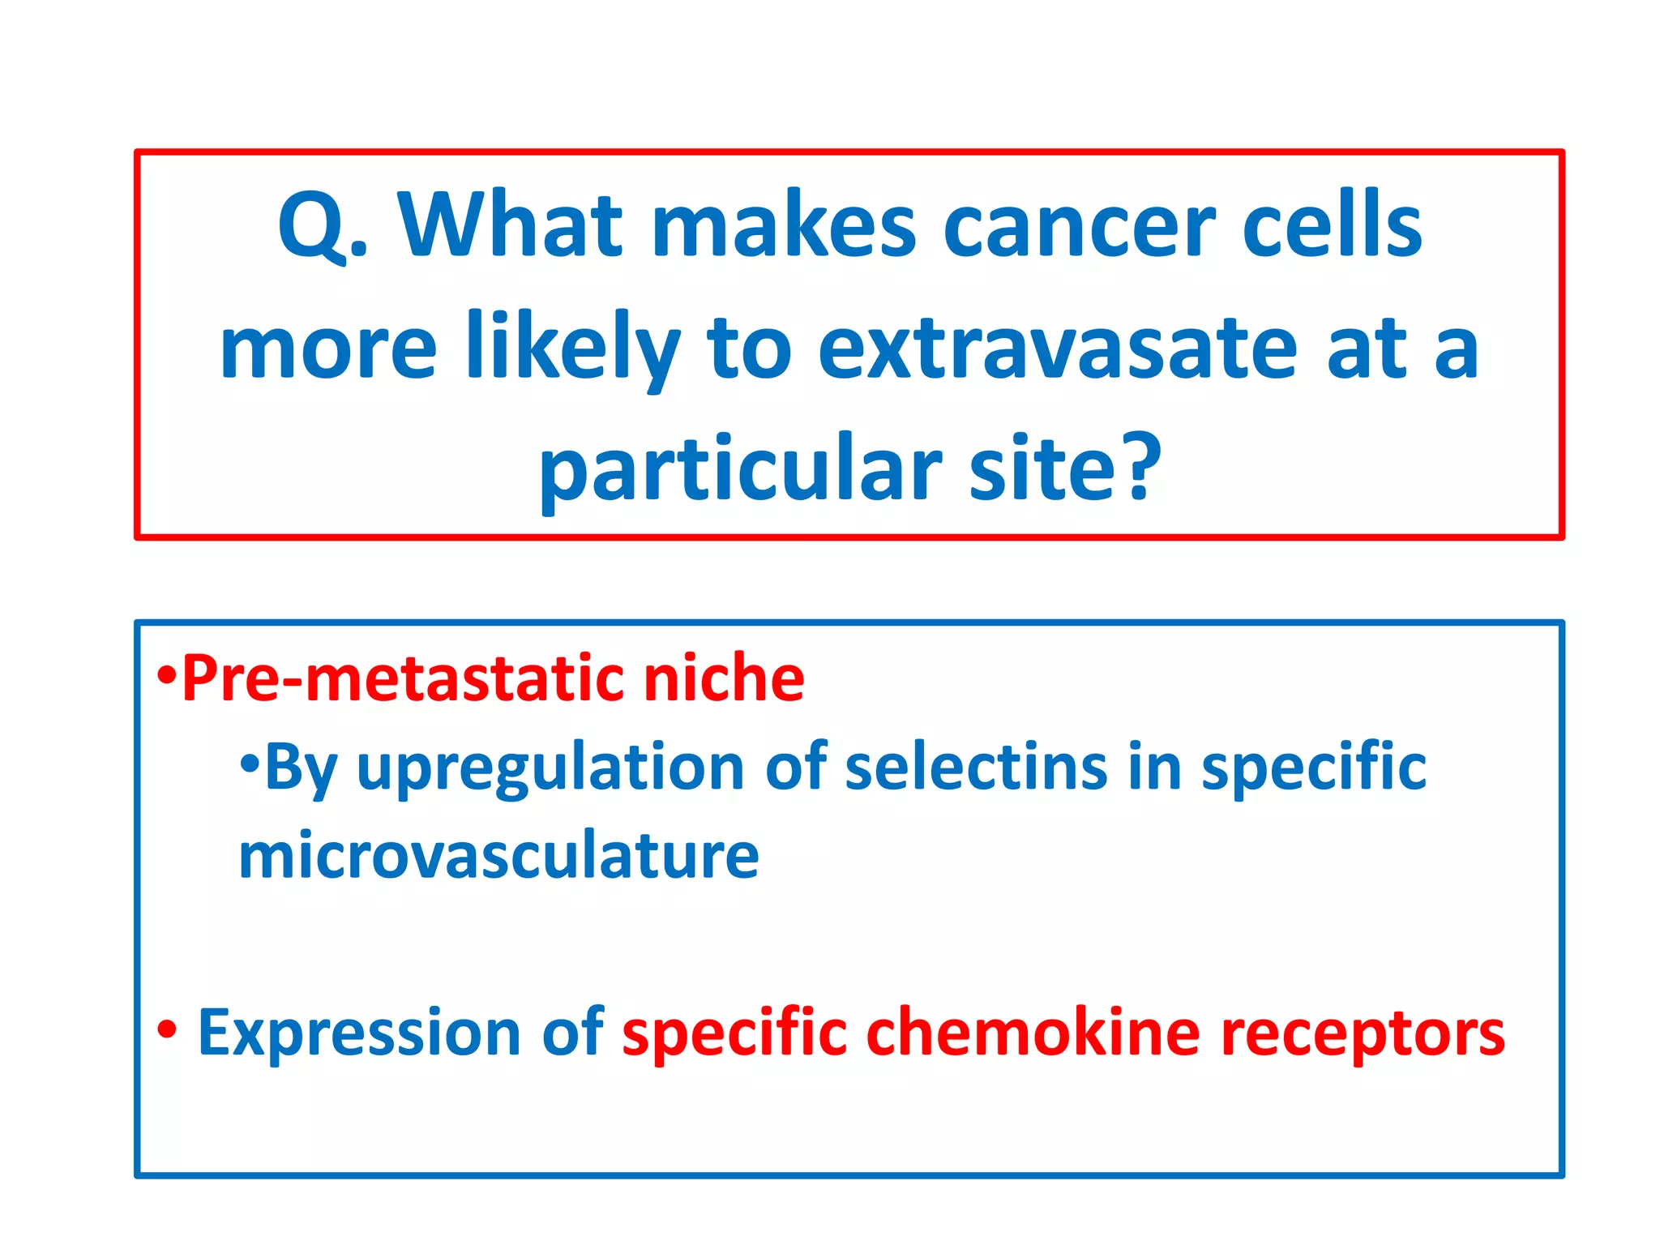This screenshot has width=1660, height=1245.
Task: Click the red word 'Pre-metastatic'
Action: tap(403, 678)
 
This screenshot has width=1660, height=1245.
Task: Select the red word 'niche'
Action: tap(723, 678)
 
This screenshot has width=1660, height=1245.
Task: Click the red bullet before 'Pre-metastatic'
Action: tap(167, 674)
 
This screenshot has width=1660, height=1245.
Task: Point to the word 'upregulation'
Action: tap(550, 768)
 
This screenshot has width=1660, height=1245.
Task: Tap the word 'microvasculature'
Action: tap(498, 856)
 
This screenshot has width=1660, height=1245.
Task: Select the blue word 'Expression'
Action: tap(359, 1033)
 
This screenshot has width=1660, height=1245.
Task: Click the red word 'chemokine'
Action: tap(1032, 1033)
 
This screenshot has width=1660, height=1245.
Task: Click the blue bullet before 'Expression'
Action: tap(167, 1030)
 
